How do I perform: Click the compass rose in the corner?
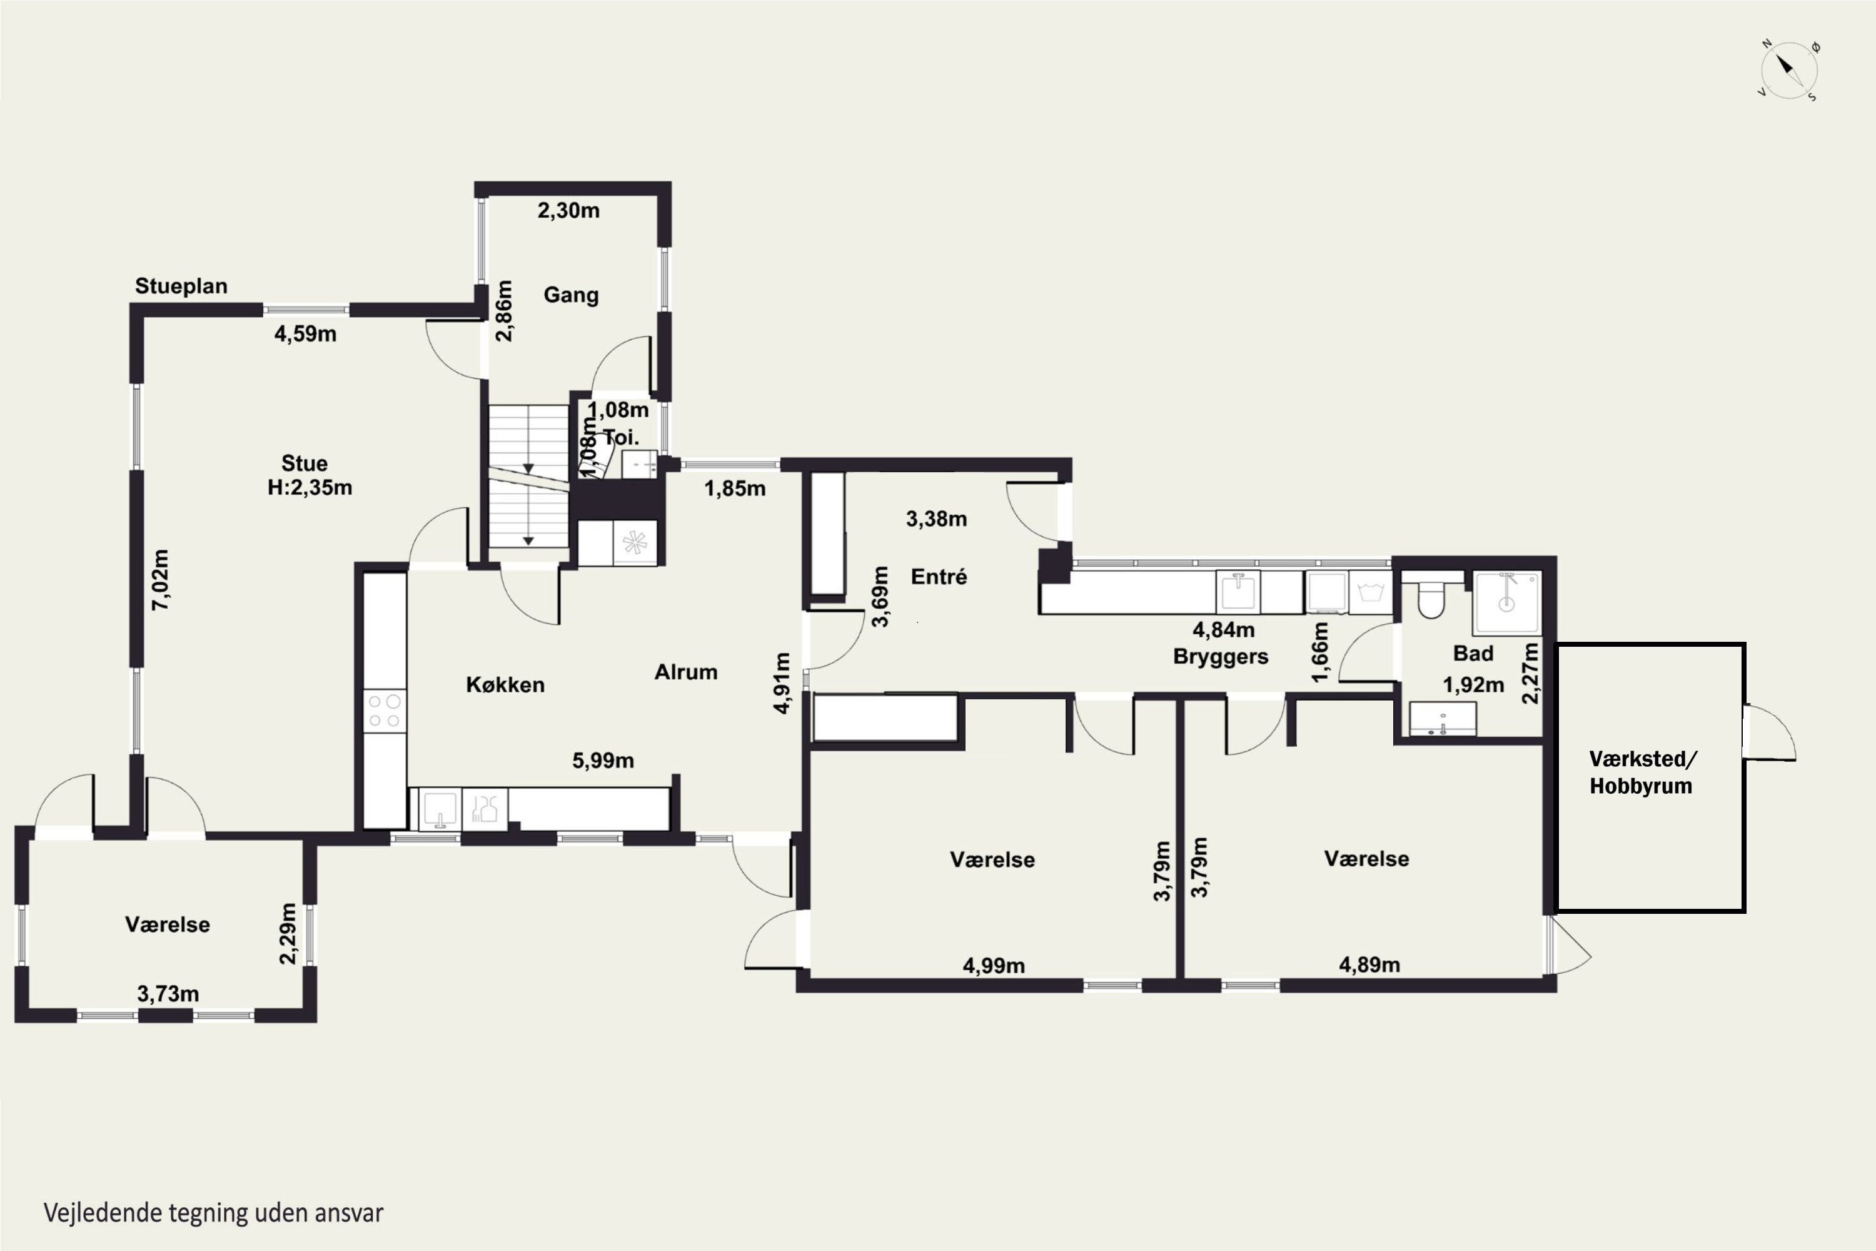(1789, 70)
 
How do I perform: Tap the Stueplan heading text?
(181, 286)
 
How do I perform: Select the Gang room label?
(571, 295)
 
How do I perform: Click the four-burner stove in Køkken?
(385, 711)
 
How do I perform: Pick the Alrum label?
(686, 672)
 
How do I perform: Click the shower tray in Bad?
(1506, 602)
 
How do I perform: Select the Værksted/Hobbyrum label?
(1642, 772)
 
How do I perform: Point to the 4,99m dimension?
(994, 965)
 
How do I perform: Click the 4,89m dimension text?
(1369, 965)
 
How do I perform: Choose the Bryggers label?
(1221, 657)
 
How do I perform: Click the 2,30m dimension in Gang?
(568, 211)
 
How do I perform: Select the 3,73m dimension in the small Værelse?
(168, 994)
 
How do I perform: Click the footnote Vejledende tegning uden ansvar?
(213, 1213)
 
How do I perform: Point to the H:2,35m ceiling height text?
(310, 487)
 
